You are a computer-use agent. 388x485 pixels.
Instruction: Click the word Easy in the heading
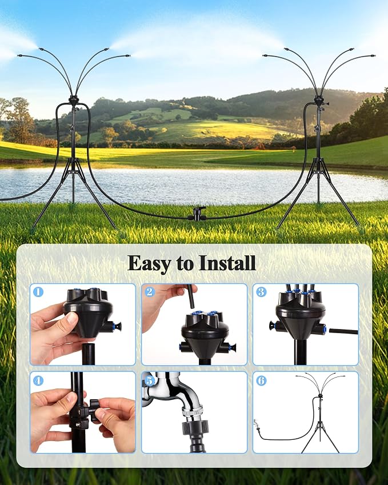[x=149, y=263]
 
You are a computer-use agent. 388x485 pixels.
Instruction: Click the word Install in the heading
[x=227, y=263]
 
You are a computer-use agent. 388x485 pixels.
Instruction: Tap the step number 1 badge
[x=38, y=292]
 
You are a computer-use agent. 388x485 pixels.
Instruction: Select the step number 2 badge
[x=150, y=292]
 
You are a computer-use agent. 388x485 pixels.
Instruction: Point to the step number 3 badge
[x=261, y=292]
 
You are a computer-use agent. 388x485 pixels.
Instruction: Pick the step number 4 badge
[x=38, y=380]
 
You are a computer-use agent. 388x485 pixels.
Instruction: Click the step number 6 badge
[x=261, y=380]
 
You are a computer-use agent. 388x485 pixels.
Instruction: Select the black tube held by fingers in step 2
[x=191, y=296]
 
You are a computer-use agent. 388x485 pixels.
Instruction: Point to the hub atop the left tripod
[x=73, y=100]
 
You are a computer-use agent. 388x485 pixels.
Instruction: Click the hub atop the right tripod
[x=319, y=100]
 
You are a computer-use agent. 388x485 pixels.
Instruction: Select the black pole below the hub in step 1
[x=88, y=354]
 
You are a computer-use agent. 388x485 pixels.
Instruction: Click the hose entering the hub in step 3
[x=343, y=331]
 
